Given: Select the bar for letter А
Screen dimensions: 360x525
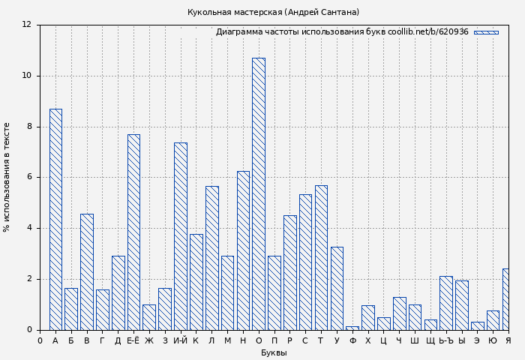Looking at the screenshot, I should coord(55,219).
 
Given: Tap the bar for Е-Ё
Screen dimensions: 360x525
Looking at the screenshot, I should coord(133,232).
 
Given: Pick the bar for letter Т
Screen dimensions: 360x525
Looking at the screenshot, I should coord(321,257).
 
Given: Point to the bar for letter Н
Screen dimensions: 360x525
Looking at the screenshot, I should coord(243,250).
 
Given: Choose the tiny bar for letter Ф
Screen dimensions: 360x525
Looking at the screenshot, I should coord(352,328).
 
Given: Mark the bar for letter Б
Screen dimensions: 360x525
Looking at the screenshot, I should coord(71,308).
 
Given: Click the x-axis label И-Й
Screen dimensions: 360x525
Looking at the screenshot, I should coord(180,340).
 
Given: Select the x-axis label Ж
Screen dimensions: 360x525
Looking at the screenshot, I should coord(149,340).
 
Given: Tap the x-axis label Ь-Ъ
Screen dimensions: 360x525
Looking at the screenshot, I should coord(445,340).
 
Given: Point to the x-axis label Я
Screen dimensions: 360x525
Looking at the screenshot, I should coord(508,340).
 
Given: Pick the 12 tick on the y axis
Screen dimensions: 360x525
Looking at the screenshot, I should coord(27,25).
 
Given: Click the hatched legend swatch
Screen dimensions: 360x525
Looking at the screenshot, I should coord(486,32).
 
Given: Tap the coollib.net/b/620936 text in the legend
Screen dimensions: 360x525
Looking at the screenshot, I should coord(427,32).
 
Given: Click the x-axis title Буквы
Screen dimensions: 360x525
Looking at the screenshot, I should coord(274,352).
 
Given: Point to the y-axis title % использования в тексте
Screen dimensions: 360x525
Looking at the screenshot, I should coord(7,177).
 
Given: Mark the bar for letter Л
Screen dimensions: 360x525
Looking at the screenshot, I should coord(211,257).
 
